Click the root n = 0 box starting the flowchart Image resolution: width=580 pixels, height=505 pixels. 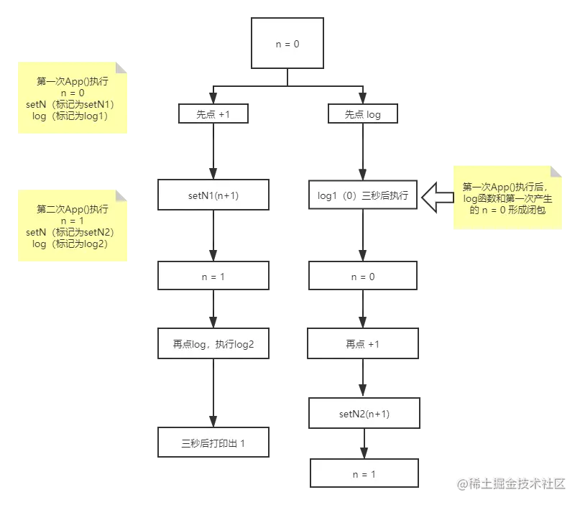(x=287, y=44)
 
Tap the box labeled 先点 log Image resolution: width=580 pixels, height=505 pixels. (x=363, y=113)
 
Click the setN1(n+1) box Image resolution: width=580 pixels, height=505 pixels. (x=213, y=195)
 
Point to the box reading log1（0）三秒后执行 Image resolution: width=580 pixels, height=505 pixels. (x=363, y=195)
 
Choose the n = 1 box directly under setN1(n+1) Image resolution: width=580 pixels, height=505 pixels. (x=213, y=276)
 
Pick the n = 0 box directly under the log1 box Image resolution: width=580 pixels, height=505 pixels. (x=363, y=276)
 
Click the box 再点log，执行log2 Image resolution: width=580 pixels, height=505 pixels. (x=213, y=344)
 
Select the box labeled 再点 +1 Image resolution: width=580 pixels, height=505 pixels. (x=363, y=344)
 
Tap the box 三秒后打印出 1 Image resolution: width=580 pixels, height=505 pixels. (x=213, y=443)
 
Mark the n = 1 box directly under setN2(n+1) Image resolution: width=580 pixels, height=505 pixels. (x=364, y=474)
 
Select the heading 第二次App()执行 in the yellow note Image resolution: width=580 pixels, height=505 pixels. (x=73, y=209)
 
